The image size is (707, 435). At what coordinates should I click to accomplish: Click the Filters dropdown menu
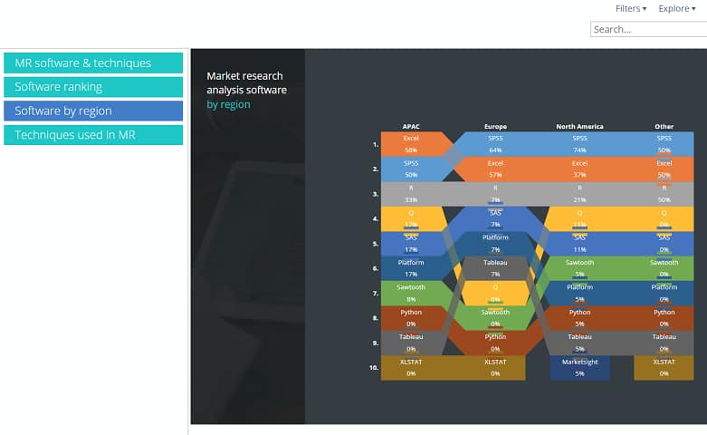[630, 8]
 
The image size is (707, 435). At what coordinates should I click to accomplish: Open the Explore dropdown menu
[677, 8]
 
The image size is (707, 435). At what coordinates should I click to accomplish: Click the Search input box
[648, 29]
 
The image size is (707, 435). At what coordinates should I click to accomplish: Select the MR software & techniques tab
[93, 63]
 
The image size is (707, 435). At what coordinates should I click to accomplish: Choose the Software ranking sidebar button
[93, 87]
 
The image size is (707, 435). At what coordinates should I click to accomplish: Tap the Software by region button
[93, 111]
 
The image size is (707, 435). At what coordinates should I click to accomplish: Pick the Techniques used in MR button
[93, 135]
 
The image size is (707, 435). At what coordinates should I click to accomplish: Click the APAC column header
[411, 127]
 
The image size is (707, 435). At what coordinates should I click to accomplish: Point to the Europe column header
[495, 127]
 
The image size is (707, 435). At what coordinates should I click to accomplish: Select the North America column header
[579, 127]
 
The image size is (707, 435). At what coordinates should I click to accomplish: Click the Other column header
[664, 127]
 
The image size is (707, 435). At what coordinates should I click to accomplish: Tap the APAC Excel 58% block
[411, 144]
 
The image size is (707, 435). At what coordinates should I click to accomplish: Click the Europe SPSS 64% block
[495, 144]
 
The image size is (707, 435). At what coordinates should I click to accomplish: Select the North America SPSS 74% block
[579, 144]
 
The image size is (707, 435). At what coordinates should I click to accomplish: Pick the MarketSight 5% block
[579, 368]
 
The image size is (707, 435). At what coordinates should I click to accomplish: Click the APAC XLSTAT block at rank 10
[411, 368]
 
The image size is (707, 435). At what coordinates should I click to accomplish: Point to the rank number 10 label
[374, 368]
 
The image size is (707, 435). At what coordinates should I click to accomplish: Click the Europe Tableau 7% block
[495, 268]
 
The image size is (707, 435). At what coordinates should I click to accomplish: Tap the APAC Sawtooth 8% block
[411, 293]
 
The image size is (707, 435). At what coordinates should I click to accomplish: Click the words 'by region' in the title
[228, 104]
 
